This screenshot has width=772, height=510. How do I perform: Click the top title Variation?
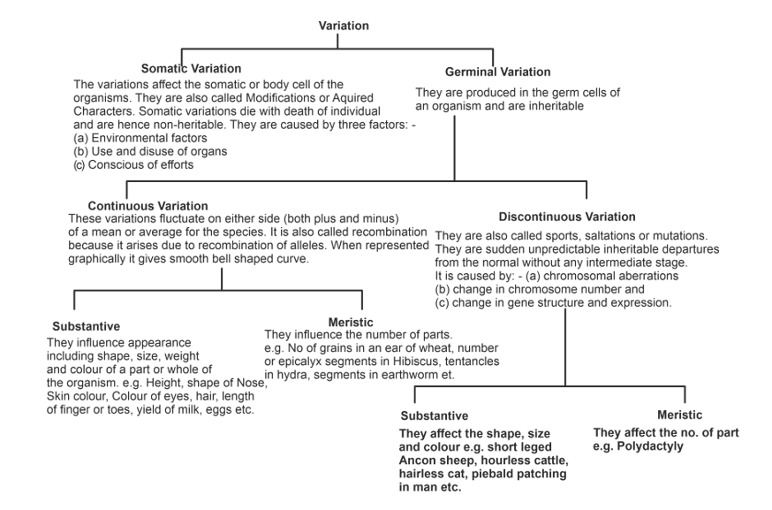coord(344,26)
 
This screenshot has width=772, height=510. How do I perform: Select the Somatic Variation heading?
coord(191,68)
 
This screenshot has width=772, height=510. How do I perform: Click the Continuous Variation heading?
coord(148,205)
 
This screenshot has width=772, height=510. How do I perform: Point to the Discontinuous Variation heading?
coord(566,216)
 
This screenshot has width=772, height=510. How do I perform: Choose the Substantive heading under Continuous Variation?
coord(86,325)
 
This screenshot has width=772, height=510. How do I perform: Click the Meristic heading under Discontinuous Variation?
coord(679,415)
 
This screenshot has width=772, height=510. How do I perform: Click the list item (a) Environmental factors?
coord(140,138)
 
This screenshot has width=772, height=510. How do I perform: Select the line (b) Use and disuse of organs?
coord(150,151)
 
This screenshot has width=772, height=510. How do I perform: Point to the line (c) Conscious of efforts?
coord(133,164)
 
